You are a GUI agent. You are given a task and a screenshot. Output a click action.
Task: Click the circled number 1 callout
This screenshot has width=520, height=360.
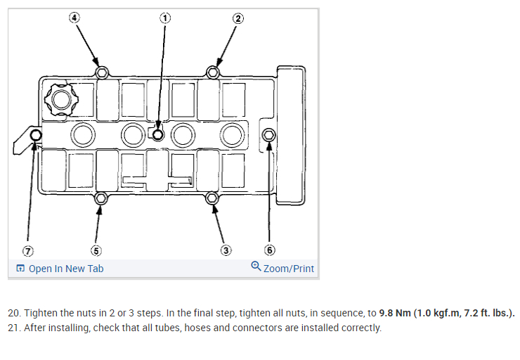point(165,18)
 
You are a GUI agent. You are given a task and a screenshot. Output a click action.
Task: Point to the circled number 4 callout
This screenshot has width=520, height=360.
point(74,18)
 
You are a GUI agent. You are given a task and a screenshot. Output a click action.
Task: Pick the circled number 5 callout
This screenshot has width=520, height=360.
point(96,250)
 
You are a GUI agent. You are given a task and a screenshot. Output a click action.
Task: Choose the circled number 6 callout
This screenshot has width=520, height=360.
point(269,250)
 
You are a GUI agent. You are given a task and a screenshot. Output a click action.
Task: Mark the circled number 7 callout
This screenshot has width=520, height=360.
point(29,250)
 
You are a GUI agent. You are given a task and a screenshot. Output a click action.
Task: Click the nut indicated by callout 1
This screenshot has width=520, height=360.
point(158,134)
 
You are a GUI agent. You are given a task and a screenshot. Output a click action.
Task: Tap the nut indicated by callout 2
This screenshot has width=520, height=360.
point(213,72)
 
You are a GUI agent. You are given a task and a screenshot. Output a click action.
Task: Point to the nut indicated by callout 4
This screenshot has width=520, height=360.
point(102,72)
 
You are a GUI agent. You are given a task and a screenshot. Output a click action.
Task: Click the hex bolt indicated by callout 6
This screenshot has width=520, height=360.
point(268,134)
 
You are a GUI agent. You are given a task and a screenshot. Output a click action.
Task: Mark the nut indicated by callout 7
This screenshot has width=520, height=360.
point(36,135)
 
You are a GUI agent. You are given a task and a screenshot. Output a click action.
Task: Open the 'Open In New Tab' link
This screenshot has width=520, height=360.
point(65,269)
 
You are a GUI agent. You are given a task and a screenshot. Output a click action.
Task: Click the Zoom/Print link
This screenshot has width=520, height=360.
point(288,269)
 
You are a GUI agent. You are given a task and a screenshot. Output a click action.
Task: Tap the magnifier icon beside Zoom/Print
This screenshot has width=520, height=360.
point(256,267)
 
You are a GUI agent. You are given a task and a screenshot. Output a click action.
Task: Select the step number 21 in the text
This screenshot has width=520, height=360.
point(14,328)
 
